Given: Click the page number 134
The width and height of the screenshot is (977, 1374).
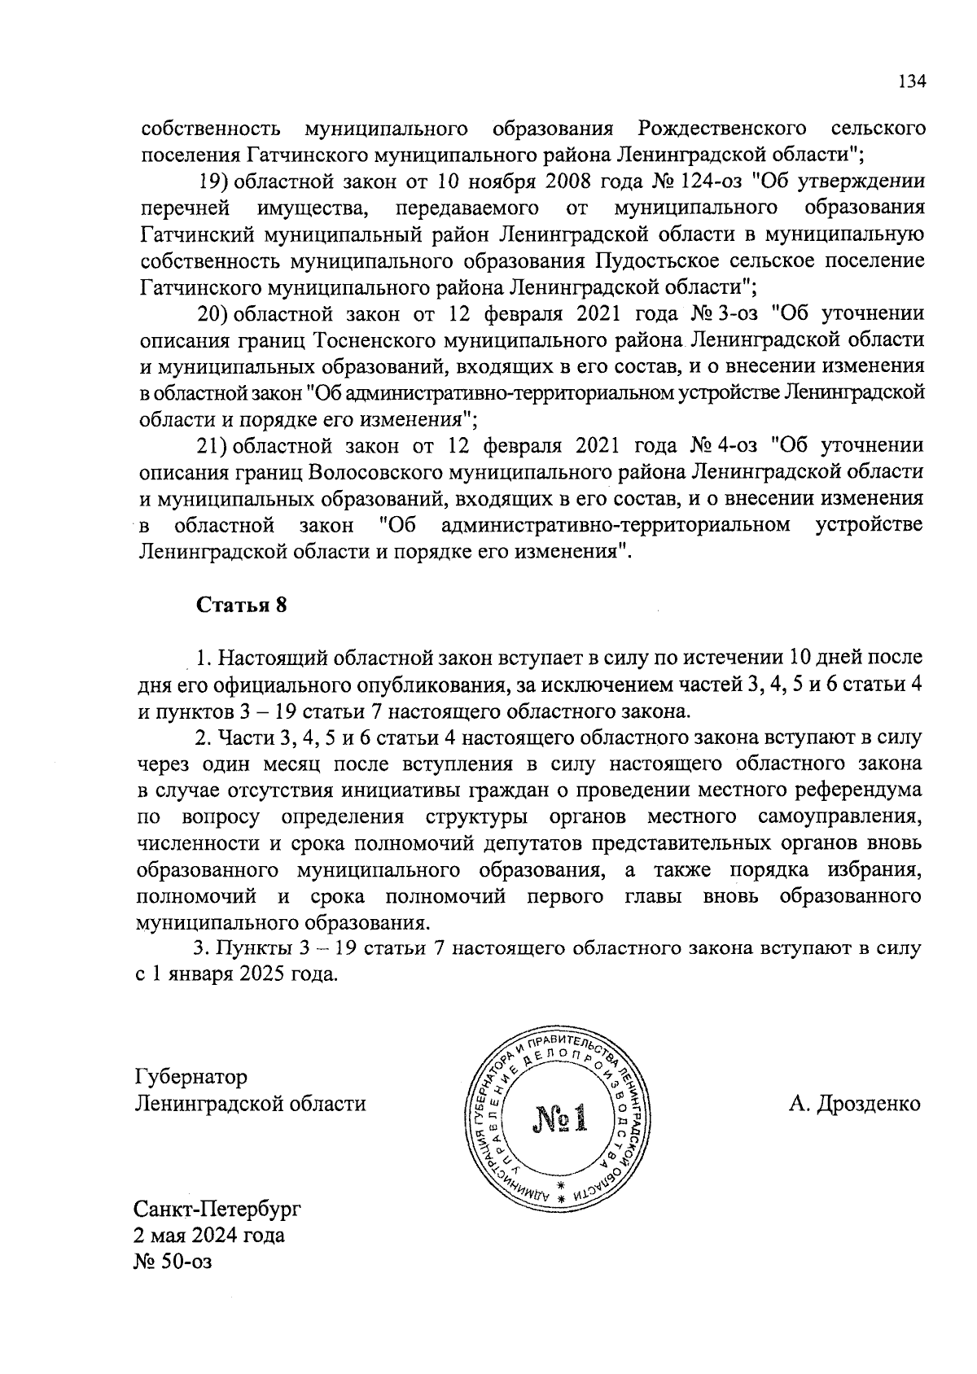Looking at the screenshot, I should click(x=911, y=81).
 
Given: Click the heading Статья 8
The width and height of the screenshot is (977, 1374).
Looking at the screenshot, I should click(x=242, y=606).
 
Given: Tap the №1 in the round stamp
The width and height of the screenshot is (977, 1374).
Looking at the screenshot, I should click(x=560, y=1119).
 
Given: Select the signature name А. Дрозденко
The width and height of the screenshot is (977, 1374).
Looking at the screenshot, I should click(x=854, y=1104).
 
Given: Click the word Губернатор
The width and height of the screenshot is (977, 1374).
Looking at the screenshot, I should click(x=191, y=1077).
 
